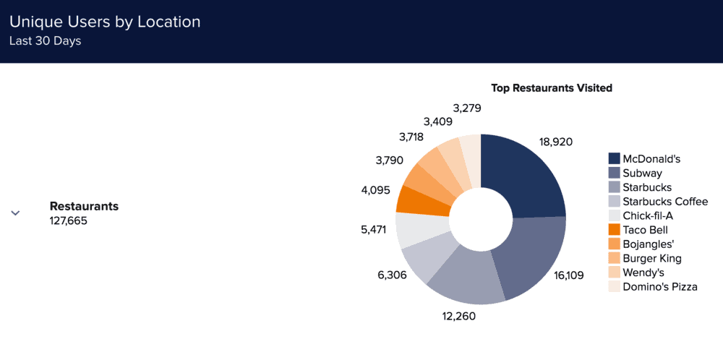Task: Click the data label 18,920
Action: click(556, 142)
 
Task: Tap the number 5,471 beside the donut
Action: click(375, 230)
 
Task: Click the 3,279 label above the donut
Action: click(467, 108)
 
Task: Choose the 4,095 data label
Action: click(375, 191)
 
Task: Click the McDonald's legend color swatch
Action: click(615, 158)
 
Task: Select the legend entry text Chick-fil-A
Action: click(648, 215)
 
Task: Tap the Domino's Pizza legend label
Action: click(660, 287)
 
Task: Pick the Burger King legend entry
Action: click(651, 258)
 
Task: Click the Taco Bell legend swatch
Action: click(615, 230)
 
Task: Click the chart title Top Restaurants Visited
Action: click(552, 88)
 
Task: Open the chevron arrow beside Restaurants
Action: click(15, 213)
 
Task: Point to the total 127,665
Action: click(68, 221)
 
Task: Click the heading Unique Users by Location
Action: click(105, 22)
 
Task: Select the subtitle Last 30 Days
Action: click(45, 41)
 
